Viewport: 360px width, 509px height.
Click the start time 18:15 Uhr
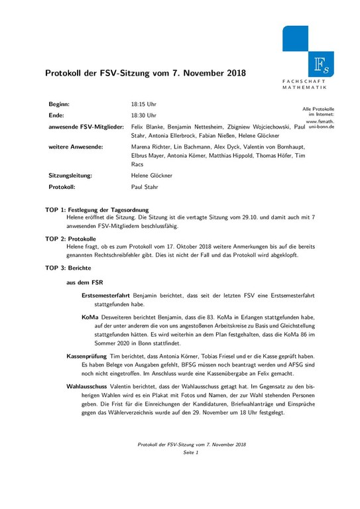pyautogui.click(x=144, y=105)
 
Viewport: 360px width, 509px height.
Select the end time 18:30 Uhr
pyautogui.click(x=144, y=115)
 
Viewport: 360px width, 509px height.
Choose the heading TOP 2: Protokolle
pyautogui.click(x=71, y=238)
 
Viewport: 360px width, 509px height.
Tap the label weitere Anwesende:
pyautogui.click(x=76, y=144)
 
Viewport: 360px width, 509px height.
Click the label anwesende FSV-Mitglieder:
pyautogui.click(x=86, y=126)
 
